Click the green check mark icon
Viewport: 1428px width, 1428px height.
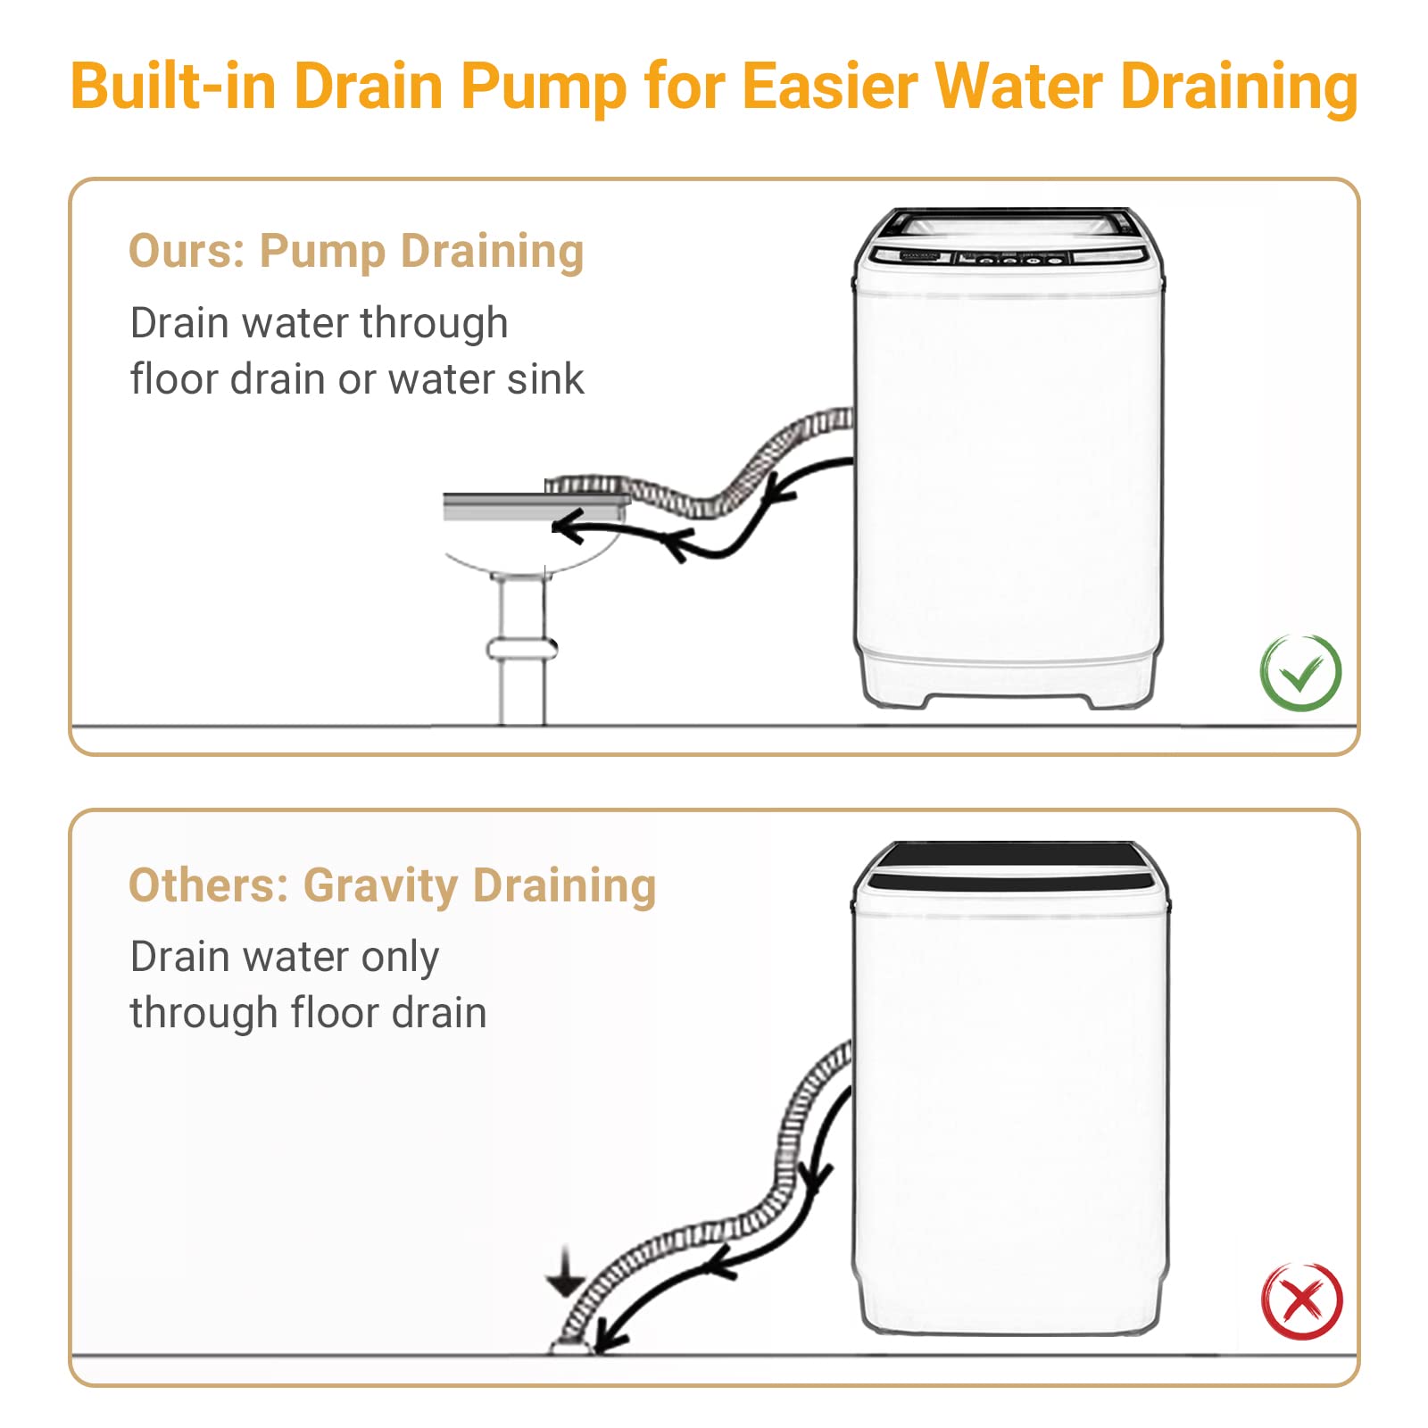point(1300,672)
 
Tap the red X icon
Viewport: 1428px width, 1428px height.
point(1301,1300)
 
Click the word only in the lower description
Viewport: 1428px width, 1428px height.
point(400,958)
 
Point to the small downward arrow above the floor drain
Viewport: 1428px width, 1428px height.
point(566,1274)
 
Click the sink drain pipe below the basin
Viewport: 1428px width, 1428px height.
point(521,648)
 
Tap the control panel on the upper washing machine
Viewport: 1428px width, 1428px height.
point(1009,257)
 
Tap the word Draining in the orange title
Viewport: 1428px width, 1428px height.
point(1239,88)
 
